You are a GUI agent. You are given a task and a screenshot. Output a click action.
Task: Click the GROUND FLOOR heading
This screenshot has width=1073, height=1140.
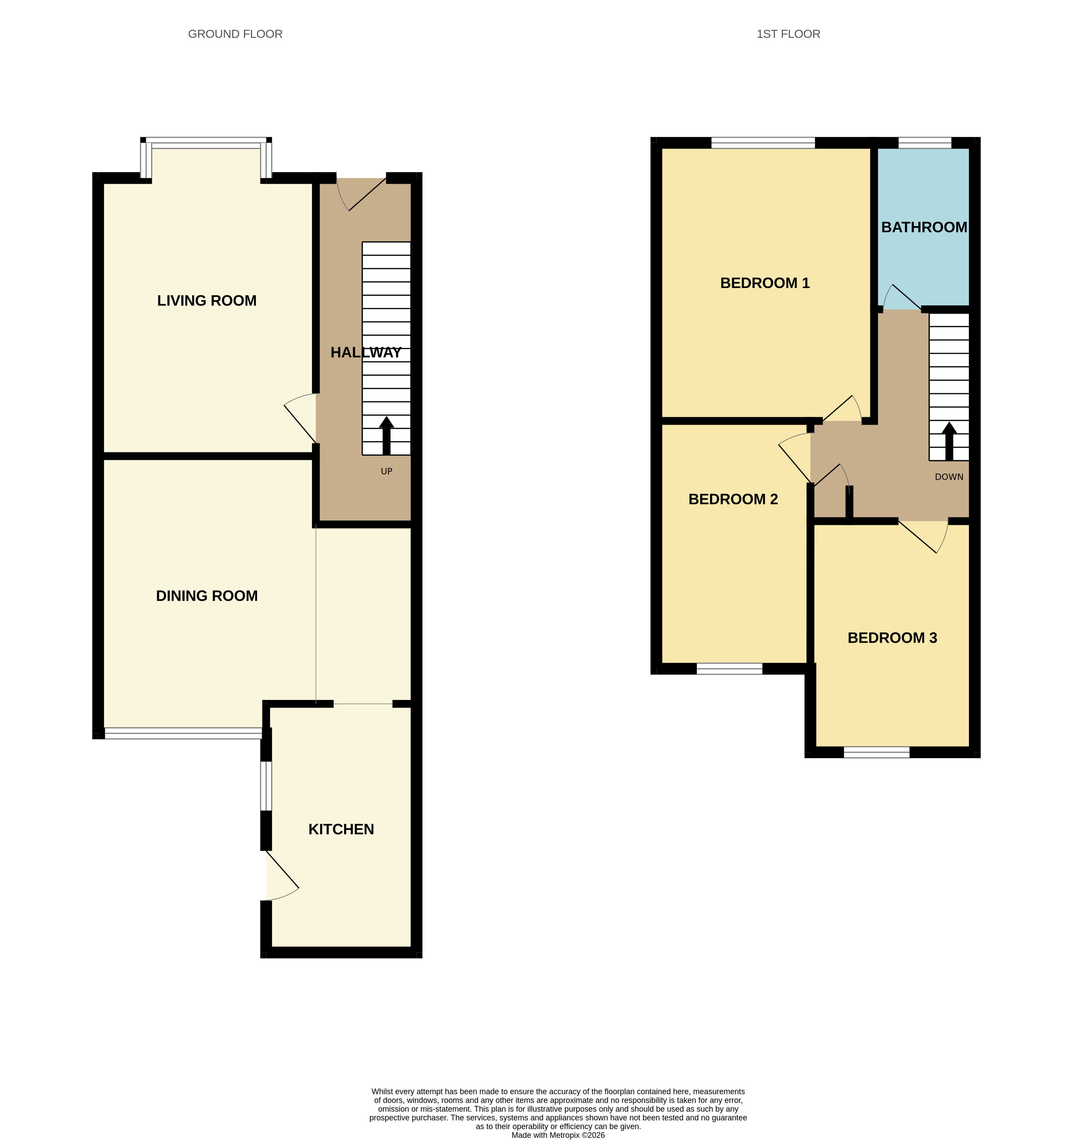pos(235,34)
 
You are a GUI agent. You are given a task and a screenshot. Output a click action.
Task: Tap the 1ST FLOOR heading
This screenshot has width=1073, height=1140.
pos(788,34)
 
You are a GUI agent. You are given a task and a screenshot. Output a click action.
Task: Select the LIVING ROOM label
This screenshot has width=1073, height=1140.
pos(207,300)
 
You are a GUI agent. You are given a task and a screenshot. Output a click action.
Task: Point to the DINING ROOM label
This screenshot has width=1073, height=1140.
pos(207,596)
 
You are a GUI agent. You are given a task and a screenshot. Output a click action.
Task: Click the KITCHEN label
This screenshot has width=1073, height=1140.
pos(341,829)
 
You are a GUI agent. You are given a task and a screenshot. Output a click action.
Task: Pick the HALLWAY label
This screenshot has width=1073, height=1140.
pos(366,353)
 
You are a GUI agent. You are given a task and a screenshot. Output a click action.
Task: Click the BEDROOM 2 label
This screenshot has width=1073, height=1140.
pos(733,499)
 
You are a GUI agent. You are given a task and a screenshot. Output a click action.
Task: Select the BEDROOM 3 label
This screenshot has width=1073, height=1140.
pos(892,638)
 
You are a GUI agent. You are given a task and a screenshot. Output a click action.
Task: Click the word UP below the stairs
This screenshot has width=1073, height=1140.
pos(386,471)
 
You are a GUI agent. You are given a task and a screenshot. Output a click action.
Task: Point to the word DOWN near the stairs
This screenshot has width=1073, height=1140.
pos(948,477)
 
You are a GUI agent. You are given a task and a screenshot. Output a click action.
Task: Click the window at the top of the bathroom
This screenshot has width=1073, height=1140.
pos(924,142)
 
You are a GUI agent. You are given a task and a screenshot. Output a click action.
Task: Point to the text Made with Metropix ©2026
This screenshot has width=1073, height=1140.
pos(558,1135)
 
